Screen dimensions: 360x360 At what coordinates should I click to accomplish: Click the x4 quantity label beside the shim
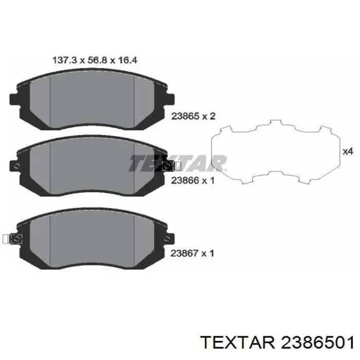click(x=348, y=152)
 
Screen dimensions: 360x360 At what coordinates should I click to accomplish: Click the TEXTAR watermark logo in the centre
click(x=177, y=163)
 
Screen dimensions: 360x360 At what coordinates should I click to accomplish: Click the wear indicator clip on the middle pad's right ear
click(x=170, y=166)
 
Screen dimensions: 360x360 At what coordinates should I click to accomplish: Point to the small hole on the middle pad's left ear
click(x=16, y=166)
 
